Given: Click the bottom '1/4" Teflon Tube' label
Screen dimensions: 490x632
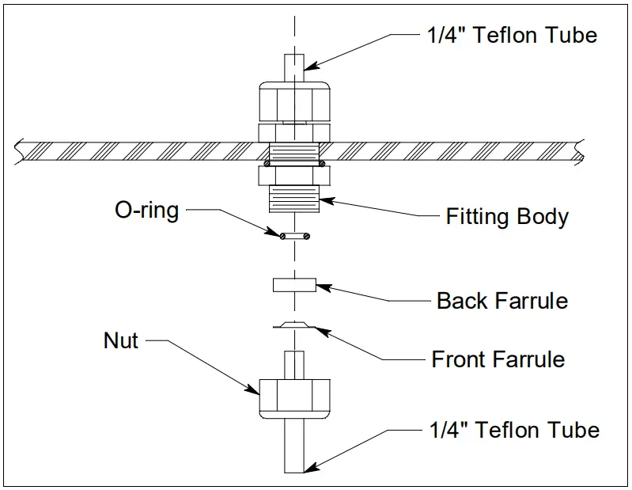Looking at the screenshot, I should (514, 430).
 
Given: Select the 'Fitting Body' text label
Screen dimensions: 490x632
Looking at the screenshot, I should (507, 216).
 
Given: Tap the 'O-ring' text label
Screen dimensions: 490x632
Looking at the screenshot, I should (147, 210).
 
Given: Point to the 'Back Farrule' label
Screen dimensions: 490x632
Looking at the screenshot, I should (502, 301).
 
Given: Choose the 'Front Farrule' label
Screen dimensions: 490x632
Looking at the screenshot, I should (498, 359).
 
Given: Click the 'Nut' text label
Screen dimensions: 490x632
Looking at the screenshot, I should (121, 340).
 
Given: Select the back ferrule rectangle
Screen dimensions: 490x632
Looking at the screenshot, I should (293, 285).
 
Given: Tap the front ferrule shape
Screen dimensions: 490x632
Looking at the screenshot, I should (293, 325).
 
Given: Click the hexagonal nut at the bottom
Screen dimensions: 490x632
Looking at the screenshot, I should (293, 396).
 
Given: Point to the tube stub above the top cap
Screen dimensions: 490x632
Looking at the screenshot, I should (293, 63).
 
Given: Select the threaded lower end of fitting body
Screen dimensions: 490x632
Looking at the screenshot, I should (293, 198).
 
